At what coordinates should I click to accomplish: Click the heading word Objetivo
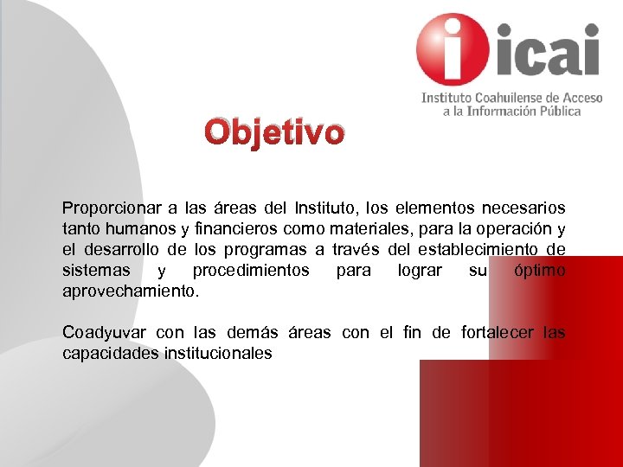(x=274, y=133)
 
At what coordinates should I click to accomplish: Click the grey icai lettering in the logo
(x=547, y=50)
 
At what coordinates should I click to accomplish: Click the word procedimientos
(x=251, y=271)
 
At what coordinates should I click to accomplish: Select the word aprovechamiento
(x=131, y=291)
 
